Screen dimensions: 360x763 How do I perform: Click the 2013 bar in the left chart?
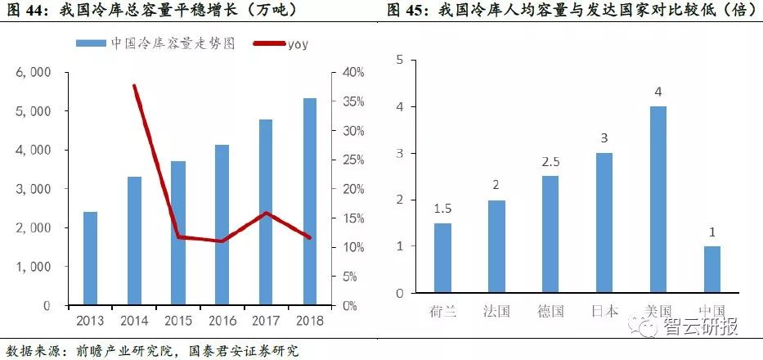90,259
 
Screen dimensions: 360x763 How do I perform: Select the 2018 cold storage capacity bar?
309,201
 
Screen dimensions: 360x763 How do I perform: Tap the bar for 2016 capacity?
222,225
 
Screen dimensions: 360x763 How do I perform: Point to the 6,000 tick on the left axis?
34,72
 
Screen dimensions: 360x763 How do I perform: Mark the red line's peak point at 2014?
134,85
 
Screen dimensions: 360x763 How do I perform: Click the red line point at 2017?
266,213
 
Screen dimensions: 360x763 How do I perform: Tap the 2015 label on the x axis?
177,319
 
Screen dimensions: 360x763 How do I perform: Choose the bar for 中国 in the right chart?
711,269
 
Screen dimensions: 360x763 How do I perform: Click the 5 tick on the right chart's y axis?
399,60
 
